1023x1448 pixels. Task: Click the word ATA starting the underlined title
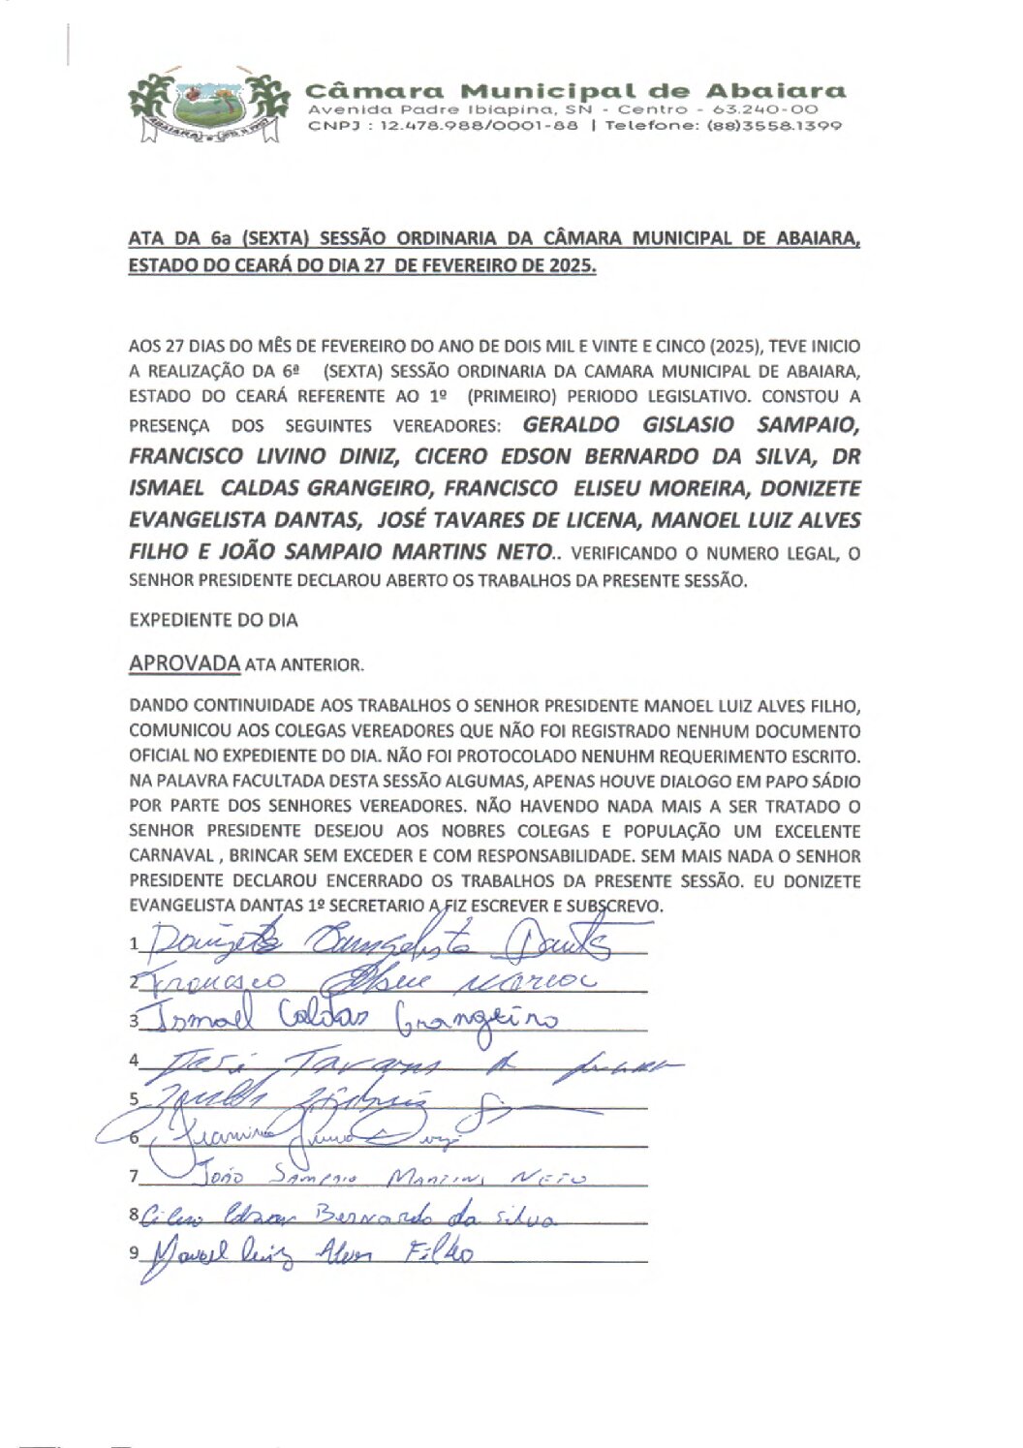(x=145, y=238)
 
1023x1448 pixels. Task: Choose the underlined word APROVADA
(x=184, y=663)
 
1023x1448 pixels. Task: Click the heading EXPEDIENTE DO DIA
(x=213, y=620)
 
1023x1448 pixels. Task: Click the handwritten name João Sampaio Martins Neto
(x=387, y=1178)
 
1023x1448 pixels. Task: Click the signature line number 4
(x=135, y=1061)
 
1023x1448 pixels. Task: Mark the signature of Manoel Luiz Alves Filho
(x=310, y=1255)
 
